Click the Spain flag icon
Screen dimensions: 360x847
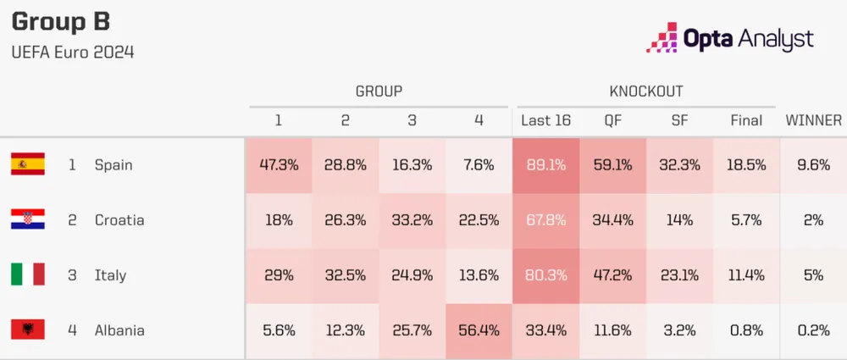pos(27,164)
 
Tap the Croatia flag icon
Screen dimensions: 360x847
pos(27,219)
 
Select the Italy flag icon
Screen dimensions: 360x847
pos(27,274)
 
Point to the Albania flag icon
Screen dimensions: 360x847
pos(27,330)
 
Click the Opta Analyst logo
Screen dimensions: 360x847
pos(729,37)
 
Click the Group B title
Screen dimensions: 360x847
pos(61,21)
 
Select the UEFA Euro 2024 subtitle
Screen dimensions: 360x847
pos(73,53)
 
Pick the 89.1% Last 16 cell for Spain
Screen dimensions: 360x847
pos(545,165)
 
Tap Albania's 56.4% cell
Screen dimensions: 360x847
pos(479,330)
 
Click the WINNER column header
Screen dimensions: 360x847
pos(813,120)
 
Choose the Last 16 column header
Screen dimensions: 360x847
pos(545,120)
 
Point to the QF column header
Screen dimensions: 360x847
pos(612,120)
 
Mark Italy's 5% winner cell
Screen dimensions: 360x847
pos(813,275)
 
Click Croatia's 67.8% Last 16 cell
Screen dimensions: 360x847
pos(545,220)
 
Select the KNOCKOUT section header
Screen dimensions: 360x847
pos(646,91)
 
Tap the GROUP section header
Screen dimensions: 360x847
pos(379,91)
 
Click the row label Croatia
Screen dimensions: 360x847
pos(119,220)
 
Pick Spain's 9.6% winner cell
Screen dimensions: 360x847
pos(813,165)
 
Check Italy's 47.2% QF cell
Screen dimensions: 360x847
pos(612,275)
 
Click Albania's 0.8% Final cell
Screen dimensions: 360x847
pos(746,330)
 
